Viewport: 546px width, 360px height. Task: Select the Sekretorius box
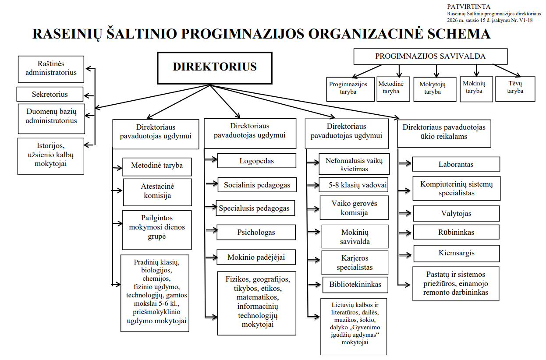pos(50,94)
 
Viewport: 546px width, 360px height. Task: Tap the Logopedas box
pos(256,161)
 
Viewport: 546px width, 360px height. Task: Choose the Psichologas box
pos(256,232)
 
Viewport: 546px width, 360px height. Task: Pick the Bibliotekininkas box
pos(355,285)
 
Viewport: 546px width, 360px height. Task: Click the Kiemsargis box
pos(456,253)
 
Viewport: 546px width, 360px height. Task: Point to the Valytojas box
pos(456,214)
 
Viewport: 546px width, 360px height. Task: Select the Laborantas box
pos(456,165)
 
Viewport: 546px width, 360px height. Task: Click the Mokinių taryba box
pos(477,88)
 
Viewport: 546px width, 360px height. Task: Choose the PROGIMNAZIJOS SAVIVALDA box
pos(430,56)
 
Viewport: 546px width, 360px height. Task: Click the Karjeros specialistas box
pos(355,263)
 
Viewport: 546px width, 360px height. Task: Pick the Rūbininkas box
pos(456,232)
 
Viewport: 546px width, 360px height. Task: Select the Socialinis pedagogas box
pos(257,185)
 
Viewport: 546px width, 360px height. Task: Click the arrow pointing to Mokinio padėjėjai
pos(211,257)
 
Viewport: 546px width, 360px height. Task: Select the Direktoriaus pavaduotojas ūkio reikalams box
pos(444,132)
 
